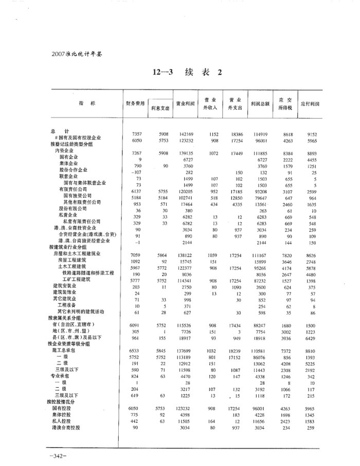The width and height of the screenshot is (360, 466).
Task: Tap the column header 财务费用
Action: click(135, 103)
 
